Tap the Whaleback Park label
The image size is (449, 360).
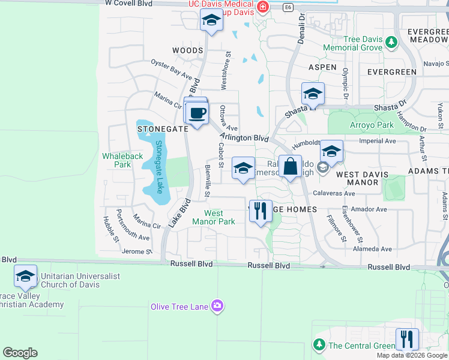(x=122, y=160)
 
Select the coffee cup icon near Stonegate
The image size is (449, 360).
(x=196, y=113)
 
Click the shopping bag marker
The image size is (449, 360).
(x=291, y=167)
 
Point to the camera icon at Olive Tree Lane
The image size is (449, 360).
(x=217, y=307)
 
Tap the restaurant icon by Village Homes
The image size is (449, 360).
(x=261, y=211)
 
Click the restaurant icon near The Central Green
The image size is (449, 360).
(x=407, y=339)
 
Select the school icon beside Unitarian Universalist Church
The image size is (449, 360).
(x=25, y=275)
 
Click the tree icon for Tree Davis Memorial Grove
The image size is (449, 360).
(x=391, y=42)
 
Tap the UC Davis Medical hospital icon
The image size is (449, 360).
(x=262, y=7)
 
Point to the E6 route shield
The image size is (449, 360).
(x=289, y=7)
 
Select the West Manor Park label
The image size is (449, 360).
(x=214, y=217)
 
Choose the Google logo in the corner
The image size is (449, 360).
(x=20, y=353)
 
